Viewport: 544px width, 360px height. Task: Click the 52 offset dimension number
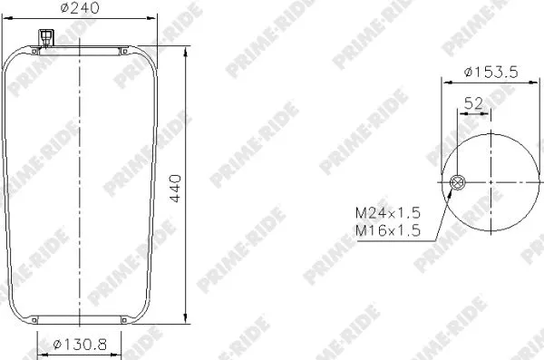[472, 103]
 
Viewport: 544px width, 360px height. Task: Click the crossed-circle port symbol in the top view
[457, 184]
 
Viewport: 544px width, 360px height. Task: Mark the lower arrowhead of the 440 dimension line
[186, 322]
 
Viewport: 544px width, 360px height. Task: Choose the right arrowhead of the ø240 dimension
[157, 25]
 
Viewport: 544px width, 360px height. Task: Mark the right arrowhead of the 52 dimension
[491, 114]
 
